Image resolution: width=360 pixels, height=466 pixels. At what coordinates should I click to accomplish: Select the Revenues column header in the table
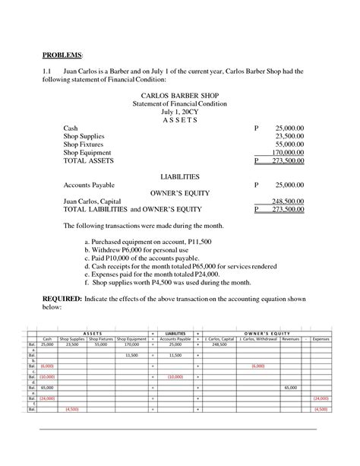[291, 338]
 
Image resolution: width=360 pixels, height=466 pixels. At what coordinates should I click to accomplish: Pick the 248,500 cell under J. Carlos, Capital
[219, 344]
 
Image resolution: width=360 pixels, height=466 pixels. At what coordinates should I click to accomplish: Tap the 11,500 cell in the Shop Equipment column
[131, 355]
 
